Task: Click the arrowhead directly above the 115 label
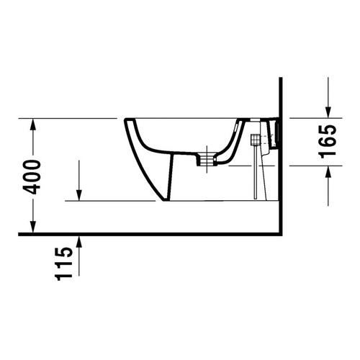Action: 80,240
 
